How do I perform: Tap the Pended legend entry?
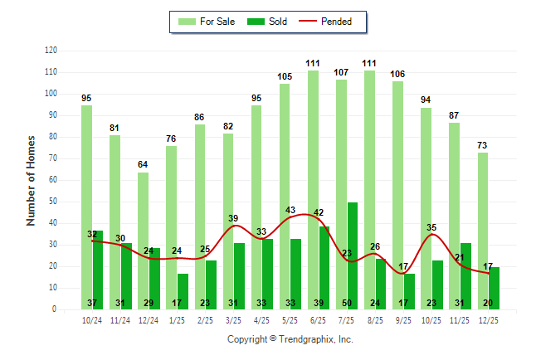tap(335, 22)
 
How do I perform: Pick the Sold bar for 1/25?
tap(183, 286)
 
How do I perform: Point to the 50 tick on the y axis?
tap(52, 202)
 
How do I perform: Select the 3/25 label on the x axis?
tap(233, 319)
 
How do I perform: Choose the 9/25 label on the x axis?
tap(403, 319)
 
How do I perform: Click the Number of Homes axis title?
tap(32, 180)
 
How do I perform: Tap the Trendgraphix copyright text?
tap(290, 339)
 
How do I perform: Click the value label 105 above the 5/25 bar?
tap(285, 77)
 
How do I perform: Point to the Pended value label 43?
tap(290, 211)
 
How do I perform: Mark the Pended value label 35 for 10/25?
tap(431, 227)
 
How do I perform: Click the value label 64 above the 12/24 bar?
tap(144, 165)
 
